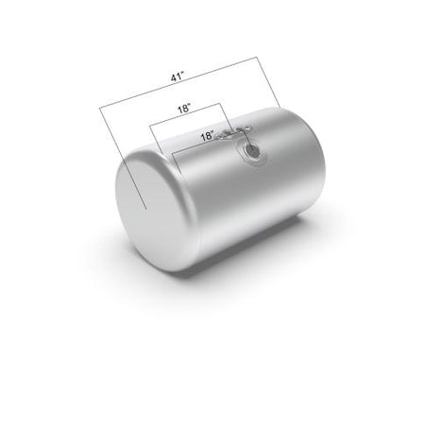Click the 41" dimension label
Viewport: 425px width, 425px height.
[x=178, y=76]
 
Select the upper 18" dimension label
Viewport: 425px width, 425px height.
[x=184, y=109]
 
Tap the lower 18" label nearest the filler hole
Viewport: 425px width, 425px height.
[x=208, y=136]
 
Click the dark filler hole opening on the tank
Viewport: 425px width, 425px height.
[x=253, y=150]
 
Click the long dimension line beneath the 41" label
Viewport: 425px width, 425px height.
[x=178, y=82]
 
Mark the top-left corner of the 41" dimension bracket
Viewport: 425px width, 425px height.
[x=99, y=109]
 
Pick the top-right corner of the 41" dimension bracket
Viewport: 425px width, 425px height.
[x=257, y=57]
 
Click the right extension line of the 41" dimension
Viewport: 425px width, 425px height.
[x=268, y=82]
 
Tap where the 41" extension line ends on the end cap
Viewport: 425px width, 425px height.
[x=146, y=209]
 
